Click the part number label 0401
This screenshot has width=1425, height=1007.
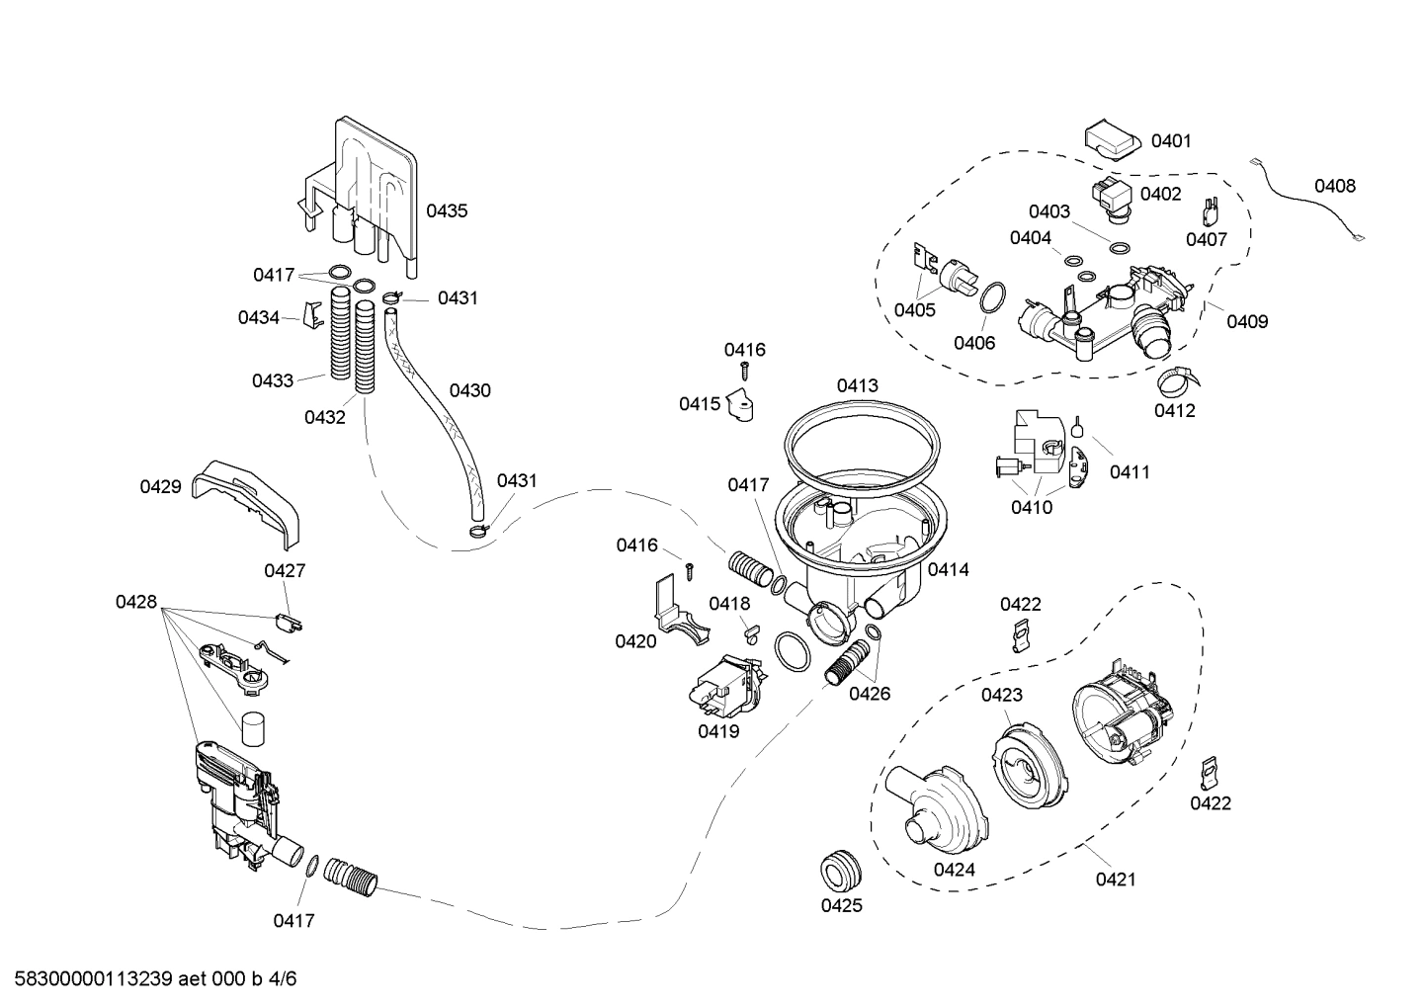[x=1171, y=141]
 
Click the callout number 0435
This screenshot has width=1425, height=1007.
[x=447, y=210]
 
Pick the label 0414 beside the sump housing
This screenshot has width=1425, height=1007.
[x=948, y=569]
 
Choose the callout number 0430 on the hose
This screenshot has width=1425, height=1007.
[x=469, y=390]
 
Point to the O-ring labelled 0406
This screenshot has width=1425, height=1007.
[x=992, y=296]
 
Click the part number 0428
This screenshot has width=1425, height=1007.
[x=136, y=602]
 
